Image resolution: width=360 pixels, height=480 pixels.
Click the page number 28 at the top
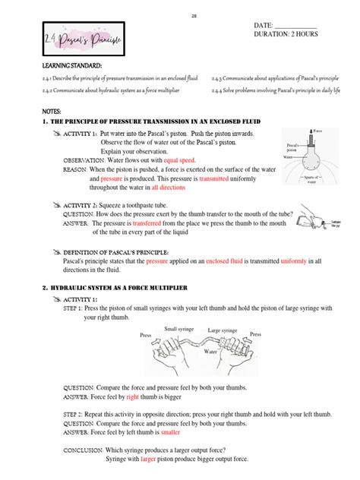pos(180,14)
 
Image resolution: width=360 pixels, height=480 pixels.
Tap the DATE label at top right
pos(263,27)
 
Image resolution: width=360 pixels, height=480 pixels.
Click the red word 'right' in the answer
pos(132,396)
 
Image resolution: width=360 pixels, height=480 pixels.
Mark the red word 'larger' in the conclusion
pos(149,459)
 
